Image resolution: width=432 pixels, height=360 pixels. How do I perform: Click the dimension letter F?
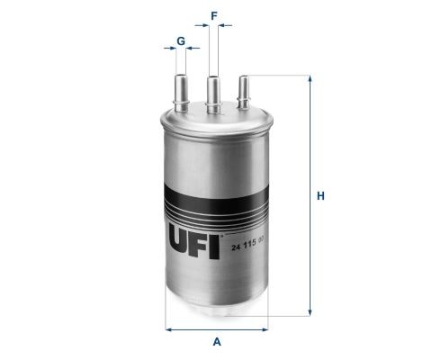click(x=214, y=16)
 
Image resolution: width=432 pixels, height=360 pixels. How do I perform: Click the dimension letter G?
click(x=181, y=41)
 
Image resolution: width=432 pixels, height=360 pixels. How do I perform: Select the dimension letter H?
click(x=320, y=196)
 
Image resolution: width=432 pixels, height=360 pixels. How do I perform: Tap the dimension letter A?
click(x=217, y=342)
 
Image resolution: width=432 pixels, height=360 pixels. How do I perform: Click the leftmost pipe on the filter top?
click(x=181, y=93)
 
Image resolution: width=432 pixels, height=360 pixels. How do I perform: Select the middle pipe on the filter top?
click(x=213, y=94)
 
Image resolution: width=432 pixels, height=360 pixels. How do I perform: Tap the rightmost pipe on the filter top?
click(x=243, y=92)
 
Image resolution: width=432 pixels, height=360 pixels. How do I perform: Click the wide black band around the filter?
click(x=216, y=197)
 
